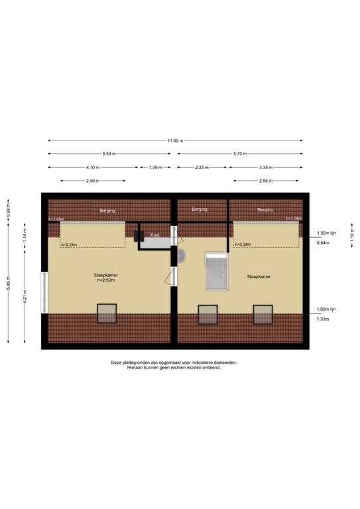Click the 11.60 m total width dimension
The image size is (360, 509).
(x=175, y=141)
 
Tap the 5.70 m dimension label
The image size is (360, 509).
(x=240, y=154)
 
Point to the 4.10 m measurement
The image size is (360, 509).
(x=93, y=167)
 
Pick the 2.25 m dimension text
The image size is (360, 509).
(x=202, y=167)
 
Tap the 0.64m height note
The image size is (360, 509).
(x=323, y=243)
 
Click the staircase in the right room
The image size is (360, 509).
(x=217, y=272)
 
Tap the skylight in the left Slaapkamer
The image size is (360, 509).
(x=106, y=312)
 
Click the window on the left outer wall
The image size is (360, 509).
(x=44, y=292)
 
